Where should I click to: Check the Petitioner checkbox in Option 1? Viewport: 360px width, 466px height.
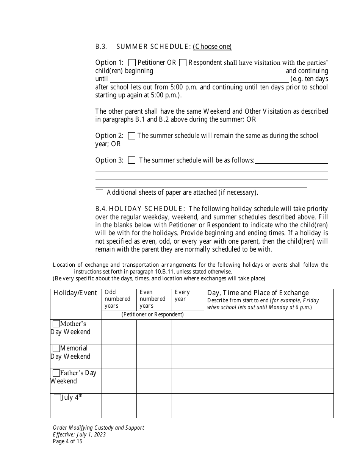coord(132,63)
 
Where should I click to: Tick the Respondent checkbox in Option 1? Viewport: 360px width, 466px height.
coord(183,63)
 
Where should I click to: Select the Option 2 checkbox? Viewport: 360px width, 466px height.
coord(131,136)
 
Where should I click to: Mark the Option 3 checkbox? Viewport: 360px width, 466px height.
coord(131,160)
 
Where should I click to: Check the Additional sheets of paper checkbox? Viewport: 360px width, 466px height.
coord(99,192)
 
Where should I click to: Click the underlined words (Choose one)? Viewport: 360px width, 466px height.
coord(212,47)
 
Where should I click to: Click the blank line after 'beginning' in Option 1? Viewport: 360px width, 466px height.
coord(220,72)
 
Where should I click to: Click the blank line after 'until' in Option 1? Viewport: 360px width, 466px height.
coord(199,80)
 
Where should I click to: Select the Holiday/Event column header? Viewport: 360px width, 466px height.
coord(75,293)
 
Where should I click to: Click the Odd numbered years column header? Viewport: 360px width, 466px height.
coord(117,299)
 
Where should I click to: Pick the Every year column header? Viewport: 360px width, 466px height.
coord(182,296)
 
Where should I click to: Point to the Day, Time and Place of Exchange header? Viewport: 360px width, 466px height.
coord(258,293)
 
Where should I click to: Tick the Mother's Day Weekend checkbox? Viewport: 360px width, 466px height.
coord(56,324)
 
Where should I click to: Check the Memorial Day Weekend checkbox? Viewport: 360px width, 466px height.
coord(56,348)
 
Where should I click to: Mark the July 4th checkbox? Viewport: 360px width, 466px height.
coord(57,398)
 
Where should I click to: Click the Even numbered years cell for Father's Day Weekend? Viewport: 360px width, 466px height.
coord(154,381)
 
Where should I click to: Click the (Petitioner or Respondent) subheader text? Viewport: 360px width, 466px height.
coord(152,314)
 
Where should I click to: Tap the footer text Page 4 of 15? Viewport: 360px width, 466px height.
coord(67,441)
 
